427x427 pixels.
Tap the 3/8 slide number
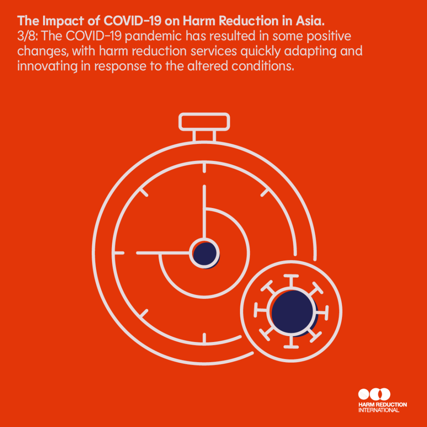(x=27, y=36)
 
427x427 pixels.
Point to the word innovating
(x=47, y=67)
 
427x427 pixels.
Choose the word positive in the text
(x=329, y=36)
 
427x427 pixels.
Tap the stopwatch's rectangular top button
(x=204, y=122)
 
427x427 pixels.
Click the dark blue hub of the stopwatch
(x=205, y=254)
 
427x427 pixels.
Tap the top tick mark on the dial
(x=204, y=167)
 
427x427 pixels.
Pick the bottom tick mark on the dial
(x=204, y=338)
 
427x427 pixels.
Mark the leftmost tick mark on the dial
(x=119, y=253)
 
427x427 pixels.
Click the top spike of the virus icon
(x=291, y=281)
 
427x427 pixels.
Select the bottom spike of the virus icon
(x=291, y=342)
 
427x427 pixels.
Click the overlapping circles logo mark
(x=374, y=394)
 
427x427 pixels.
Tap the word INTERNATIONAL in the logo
(x=379, y=410)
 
